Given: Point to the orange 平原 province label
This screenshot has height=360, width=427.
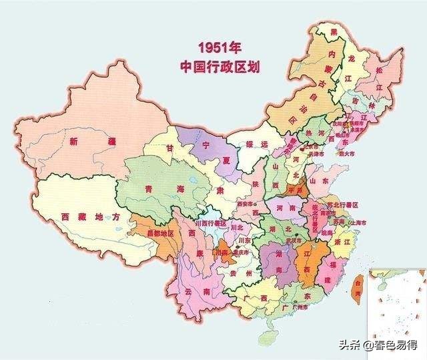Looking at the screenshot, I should (294, 190).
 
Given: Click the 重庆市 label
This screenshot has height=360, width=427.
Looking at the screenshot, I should (239, 254).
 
